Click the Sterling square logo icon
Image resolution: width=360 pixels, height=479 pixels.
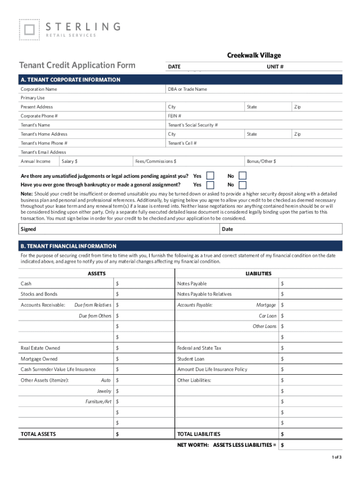29,29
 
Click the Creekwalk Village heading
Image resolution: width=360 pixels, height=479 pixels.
254,56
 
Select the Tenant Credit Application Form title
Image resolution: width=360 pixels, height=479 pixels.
77,65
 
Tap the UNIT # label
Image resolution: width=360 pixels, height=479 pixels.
275,67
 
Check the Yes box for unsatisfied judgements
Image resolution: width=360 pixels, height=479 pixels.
210,176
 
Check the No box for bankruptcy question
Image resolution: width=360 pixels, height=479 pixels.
242,185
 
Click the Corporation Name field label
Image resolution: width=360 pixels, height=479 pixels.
39,89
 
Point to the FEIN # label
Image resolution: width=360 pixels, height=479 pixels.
174,116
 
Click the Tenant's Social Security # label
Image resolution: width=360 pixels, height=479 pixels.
193,125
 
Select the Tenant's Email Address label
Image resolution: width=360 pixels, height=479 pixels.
43,152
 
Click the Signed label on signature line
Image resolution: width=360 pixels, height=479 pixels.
28,229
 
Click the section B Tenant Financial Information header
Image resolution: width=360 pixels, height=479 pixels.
68,246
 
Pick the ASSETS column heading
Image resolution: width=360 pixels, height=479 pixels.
97,274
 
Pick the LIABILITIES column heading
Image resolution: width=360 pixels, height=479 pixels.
258,274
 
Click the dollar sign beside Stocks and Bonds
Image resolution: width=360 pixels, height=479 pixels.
117,294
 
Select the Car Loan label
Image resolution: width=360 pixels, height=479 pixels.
267,316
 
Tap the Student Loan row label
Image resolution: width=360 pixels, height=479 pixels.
191,359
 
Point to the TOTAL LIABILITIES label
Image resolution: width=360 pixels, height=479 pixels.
199,434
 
